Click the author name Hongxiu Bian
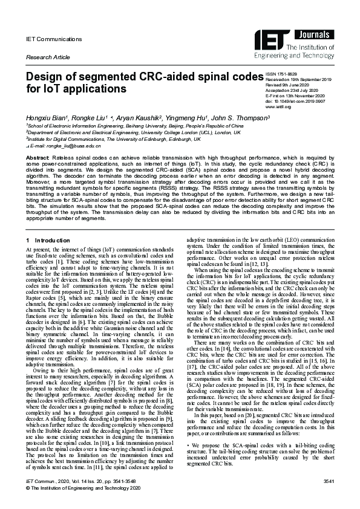pyautogui.click(x=47, y=116)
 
